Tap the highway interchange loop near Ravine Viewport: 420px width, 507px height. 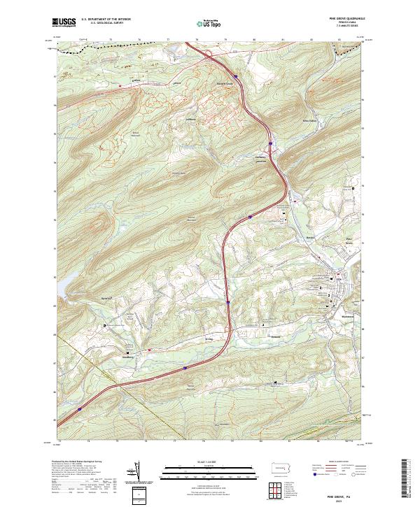210,59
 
